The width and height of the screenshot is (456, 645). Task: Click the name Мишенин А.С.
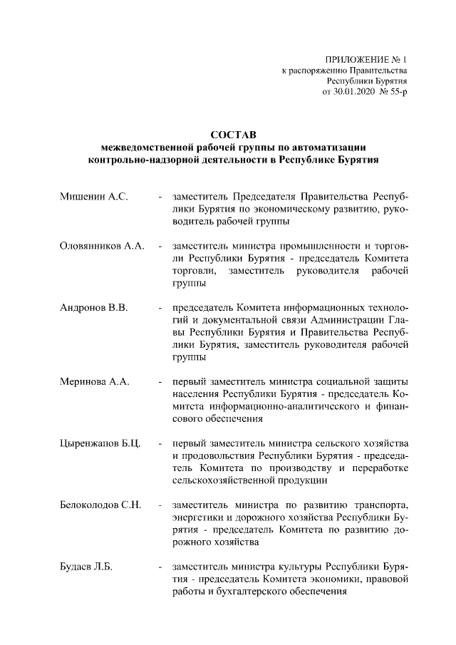pos(93,196)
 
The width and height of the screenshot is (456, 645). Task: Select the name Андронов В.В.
pos(94,308)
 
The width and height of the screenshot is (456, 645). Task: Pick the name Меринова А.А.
pos(94,382)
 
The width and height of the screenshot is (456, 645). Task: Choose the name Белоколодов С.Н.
pos(102,505)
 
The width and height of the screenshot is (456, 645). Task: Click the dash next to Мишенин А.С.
pos(162,196)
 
